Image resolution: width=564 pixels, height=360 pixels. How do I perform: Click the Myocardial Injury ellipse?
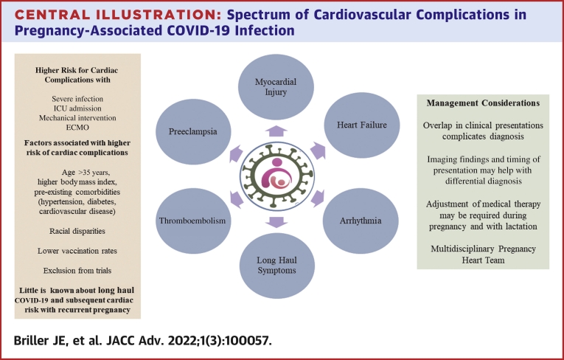(x=276, y=87)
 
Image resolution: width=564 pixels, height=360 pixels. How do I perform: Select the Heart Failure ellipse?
(x=362, y=125)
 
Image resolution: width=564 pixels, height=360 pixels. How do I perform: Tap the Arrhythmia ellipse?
(x=361, y=221)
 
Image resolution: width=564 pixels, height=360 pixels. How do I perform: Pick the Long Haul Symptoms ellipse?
(x=276, y=266)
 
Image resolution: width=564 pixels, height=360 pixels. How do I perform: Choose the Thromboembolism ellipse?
(x=193, y=221)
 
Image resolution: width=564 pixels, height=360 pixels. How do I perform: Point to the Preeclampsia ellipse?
(x=193, y=132)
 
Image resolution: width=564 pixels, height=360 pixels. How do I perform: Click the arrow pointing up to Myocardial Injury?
(x=276, y=131)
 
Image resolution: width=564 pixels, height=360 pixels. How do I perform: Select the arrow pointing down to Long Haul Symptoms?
(x=276, y=222)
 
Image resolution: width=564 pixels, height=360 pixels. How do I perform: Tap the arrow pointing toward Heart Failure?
(x=318, y=150)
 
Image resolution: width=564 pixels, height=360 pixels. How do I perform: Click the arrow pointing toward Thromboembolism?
(x=236, y=199)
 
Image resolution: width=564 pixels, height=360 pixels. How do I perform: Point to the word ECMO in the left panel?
(x=77, y=128)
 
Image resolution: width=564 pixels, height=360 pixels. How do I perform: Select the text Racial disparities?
(x=77, y=231)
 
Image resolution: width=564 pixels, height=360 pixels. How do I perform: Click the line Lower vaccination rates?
(x=77, y=251)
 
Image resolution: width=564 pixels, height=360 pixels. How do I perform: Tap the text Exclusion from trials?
(x=77, y=271)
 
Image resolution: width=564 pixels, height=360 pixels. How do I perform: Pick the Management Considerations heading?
(x=483, y=103)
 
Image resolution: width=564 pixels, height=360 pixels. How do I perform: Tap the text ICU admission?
(x=77, y=108)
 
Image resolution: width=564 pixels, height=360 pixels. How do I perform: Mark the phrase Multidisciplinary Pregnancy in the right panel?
(x=483, y=249)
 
